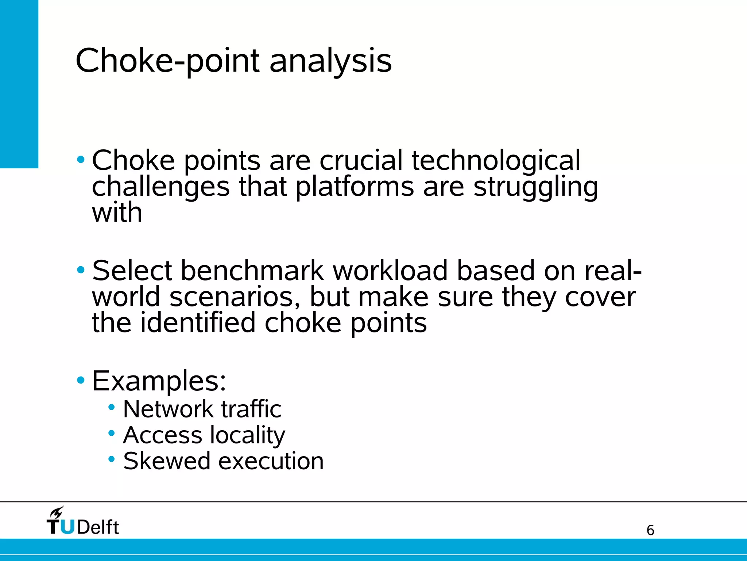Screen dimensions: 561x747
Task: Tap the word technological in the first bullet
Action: (496, 160)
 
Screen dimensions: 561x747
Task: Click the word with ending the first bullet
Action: (117, 213)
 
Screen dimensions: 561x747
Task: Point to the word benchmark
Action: (252, 271)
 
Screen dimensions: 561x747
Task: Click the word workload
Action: (390, 271)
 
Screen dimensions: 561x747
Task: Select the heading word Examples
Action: (159, 381)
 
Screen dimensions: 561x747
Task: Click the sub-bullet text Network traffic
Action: (202, 409)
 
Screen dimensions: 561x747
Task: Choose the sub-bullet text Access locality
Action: (204, 435)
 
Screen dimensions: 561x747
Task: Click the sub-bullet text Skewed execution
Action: (223, 461)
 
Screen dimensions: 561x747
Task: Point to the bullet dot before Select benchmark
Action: (81, 270)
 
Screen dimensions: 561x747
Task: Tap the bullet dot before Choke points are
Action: (81, 160)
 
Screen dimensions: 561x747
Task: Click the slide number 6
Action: (650, 530)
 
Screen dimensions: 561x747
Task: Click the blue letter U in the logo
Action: (67, 527)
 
